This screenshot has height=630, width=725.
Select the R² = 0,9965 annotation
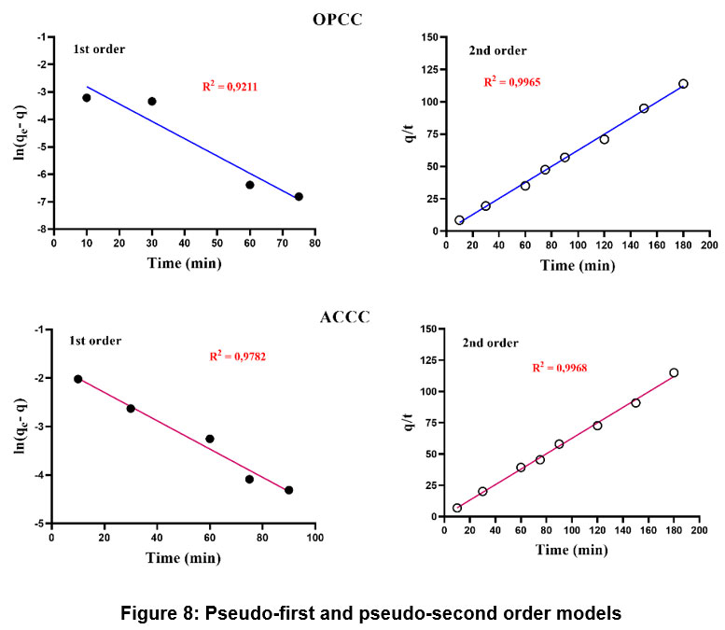(x=511, y=82)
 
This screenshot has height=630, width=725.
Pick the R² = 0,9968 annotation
(x=559, y=367)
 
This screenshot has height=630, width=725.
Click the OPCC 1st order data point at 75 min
(x=299, y=197)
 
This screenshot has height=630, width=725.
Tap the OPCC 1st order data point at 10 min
(x=87, y=98)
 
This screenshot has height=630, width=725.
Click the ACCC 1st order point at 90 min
(x=289, y=490)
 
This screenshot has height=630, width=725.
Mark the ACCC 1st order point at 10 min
(x=77, y=379)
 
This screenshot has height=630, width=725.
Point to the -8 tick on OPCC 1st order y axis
(x=41, y=230)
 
